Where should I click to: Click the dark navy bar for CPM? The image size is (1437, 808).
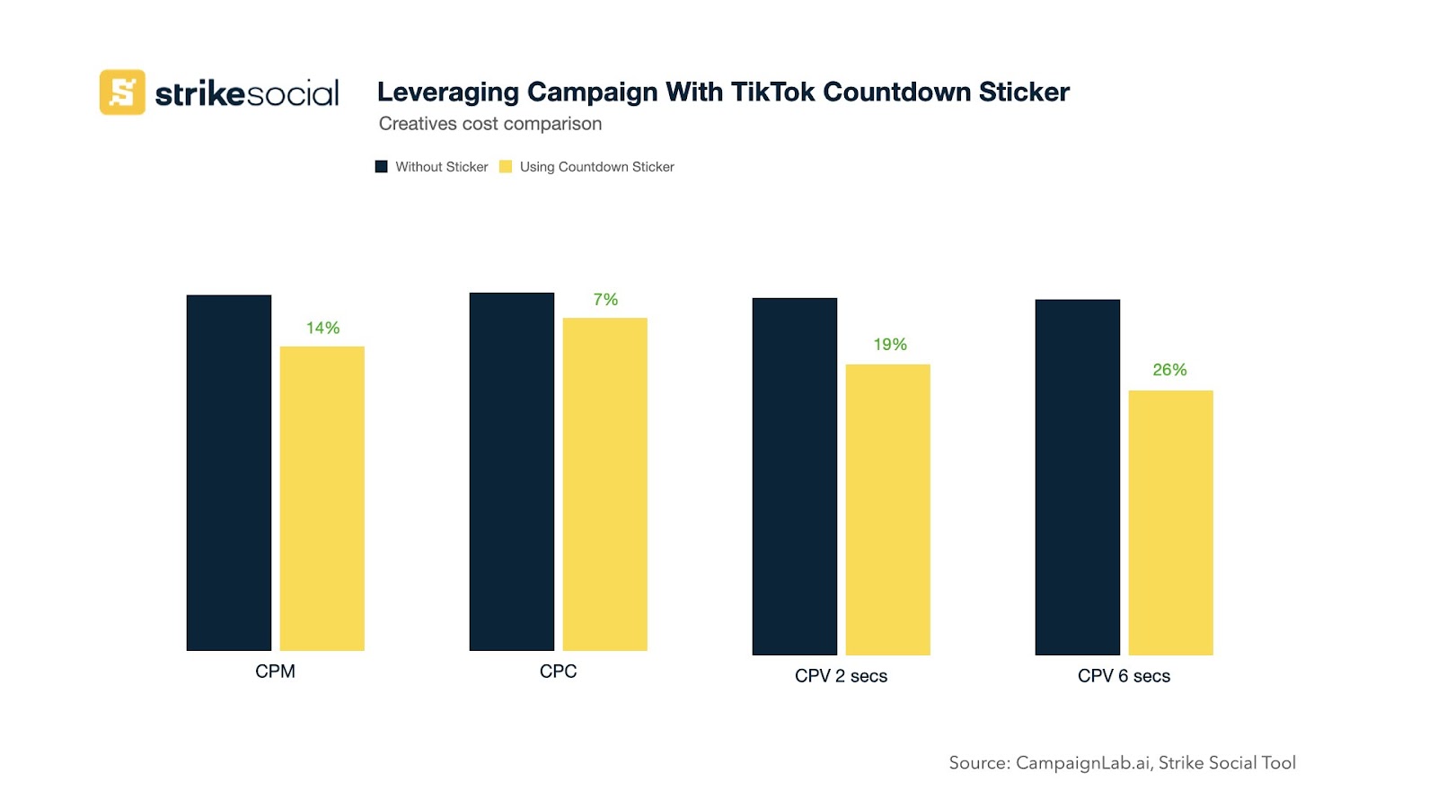click(228, 472)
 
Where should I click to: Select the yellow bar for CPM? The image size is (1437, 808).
click(322, 498)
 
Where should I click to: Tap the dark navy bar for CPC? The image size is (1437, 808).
click(511, 471)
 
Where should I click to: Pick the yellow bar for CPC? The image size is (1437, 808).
click(604, 484)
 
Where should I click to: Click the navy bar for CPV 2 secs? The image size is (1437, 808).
click(794, 476)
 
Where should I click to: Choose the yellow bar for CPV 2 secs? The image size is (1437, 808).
click(887, 509)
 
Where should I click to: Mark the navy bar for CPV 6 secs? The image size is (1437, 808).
click(1077, 477)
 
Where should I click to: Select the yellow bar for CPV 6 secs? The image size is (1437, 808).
click(1170, 523)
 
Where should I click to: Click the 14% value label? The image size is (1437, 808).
click(322, 329)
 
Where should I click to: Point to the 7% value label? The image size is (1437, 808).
click(605, 300)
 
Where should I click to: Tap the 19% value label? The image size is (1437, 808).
click(890, 345)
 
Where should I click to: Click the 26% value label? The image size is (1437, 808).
click(1169, 370)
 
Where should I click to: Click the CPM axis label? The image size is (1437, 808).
click(275, 672)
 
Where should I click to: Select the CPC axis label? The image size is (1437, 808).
click(558, 672)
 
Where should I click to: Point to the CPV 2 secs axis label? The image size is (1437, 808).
click(841, 676)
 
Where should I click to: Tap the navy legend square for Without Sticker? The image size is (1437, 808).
click(382, 167)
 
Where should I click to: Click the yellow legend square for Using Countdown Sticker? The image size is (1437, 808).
click(506, 167)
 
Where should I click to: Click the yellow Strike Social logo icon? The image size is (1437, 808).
click(122, 92)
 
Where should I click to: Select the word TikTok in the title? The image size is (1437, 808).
click(773, 92)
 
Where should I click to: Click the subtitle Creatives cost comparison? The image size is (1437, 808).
click(490, 124)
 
